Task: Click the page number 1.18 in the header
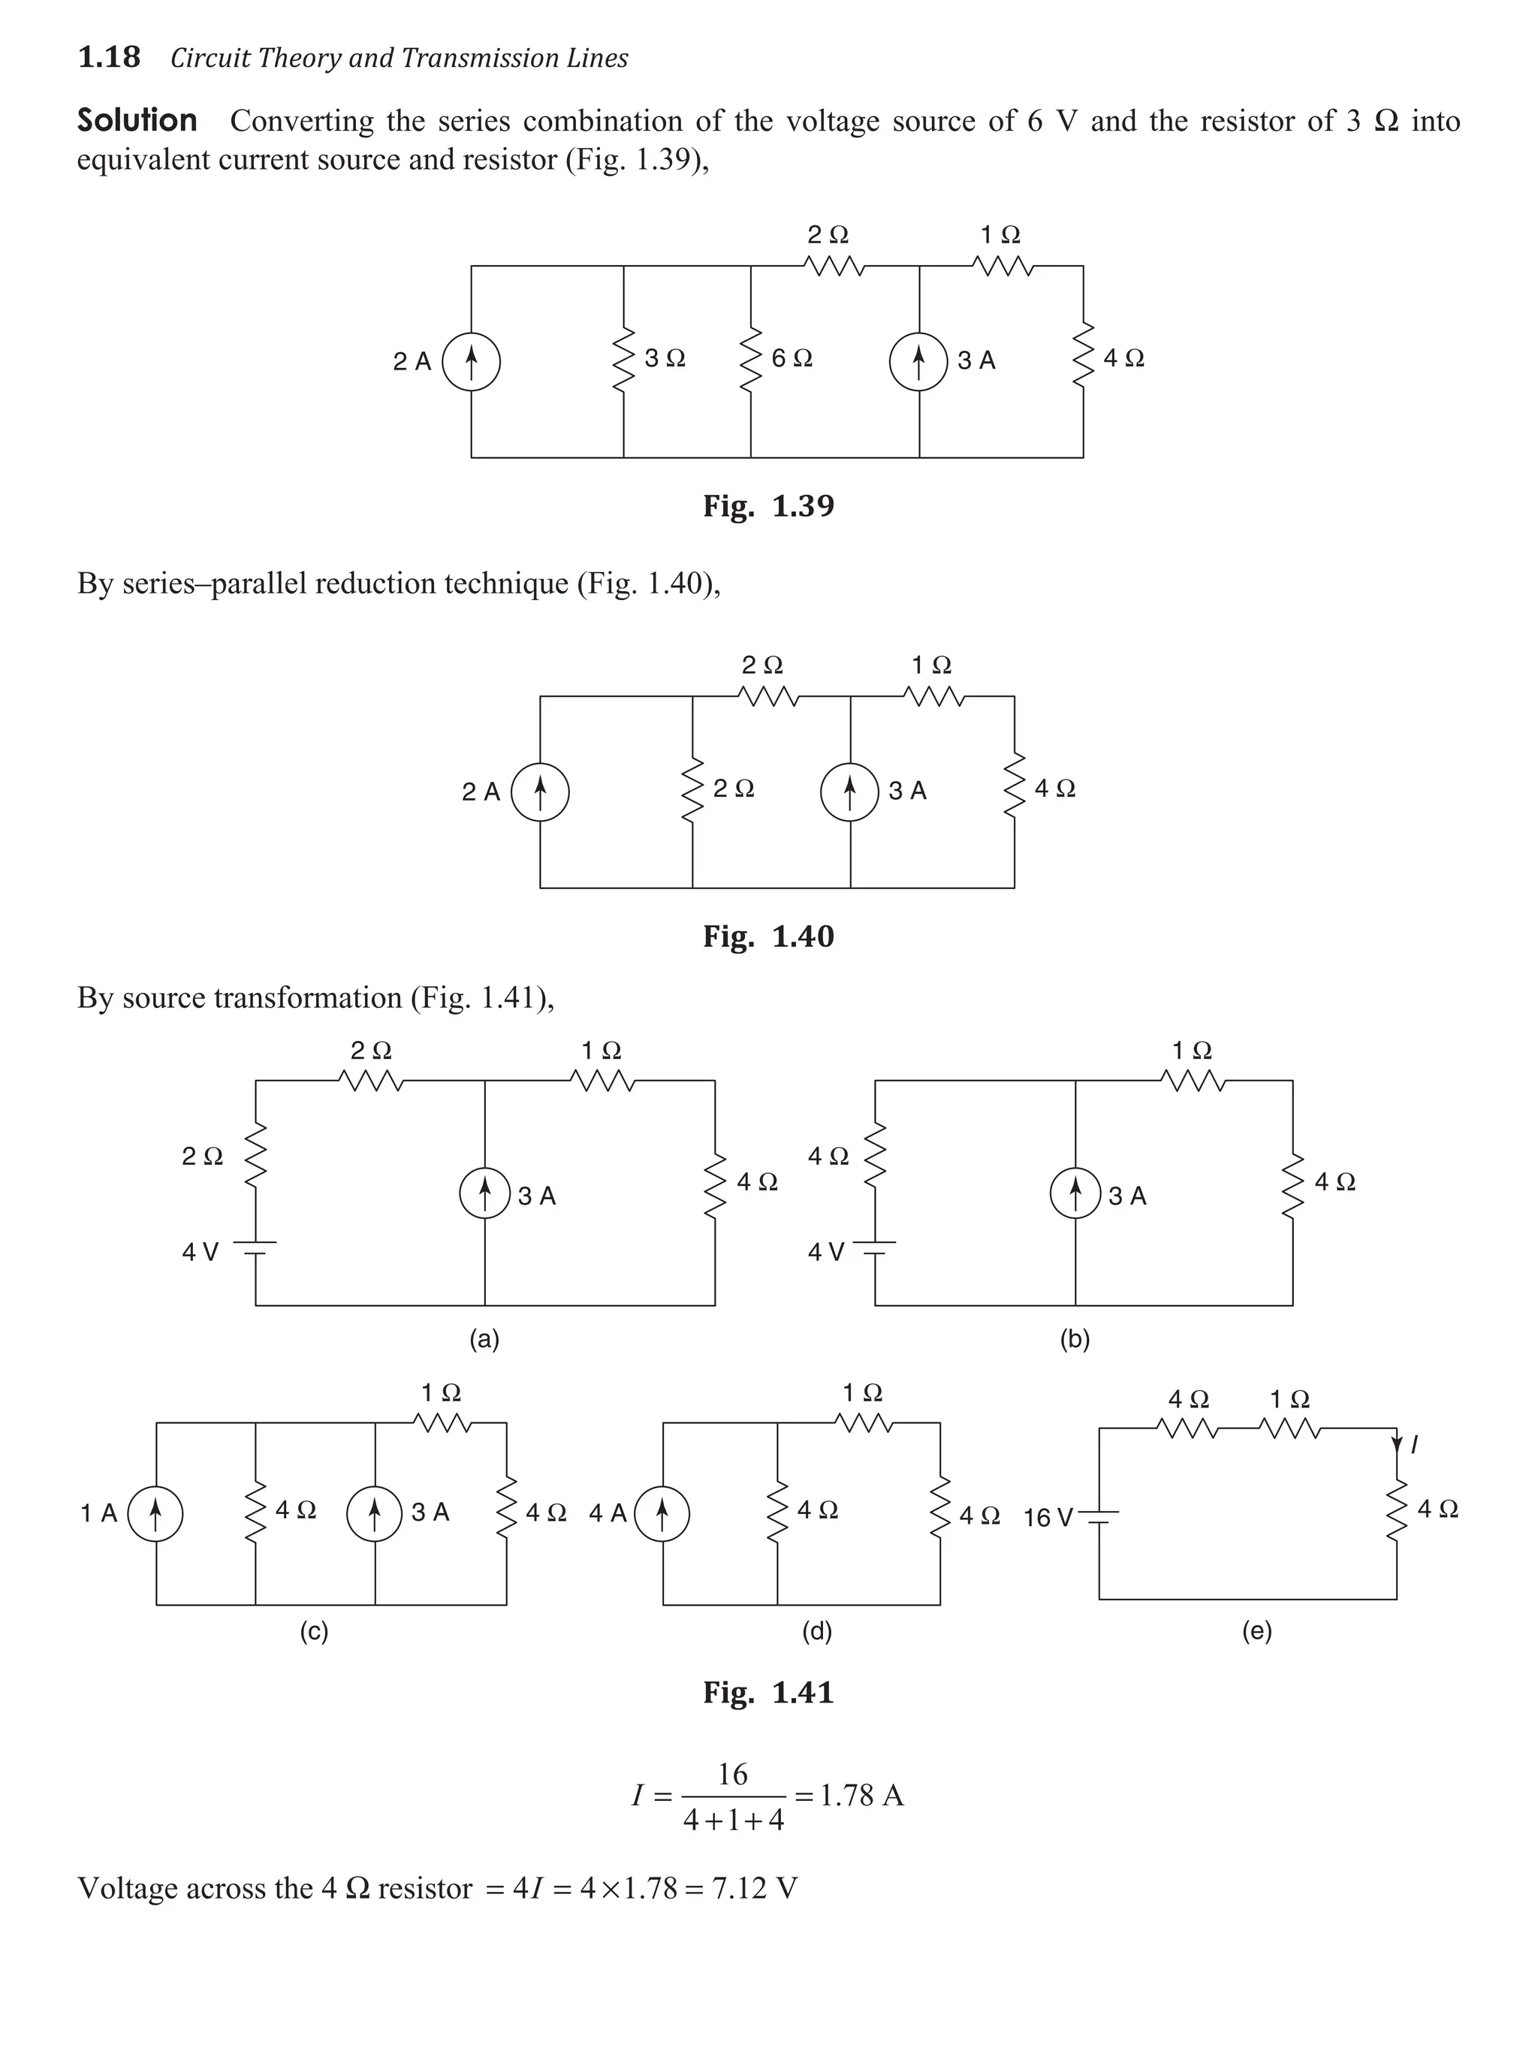pos(109,58)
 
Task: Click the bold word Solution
pos(137,121)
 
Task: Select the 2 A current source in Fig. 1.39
pos(472,362)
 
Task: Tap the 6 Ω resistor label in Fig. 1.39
pos(792,359)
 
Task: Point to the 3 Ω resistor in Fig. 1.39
pos(623,359)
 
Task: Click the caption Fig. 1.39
pos(768,506)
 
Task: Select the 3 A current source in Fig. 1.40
pos(849,792)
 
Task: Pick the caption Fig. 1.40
pos(768,937)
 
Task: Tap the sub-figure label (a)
pos(484,1339)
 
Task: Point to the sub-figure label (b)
pos(1075,1339)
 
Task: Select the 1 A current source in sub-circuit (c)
pos(155,1514)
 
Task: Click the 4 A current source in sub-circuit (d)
pos(662,1514)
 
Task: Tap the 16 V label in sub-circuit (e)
pos(1048,1519)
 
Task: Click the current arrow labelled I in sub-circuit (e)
pos(1397,1444)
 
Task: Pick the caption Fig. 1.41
pos(768,1693)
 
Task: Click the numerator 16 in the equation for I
pos(733,1775)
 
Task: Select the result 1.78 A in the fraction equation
pos(861,1796)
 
